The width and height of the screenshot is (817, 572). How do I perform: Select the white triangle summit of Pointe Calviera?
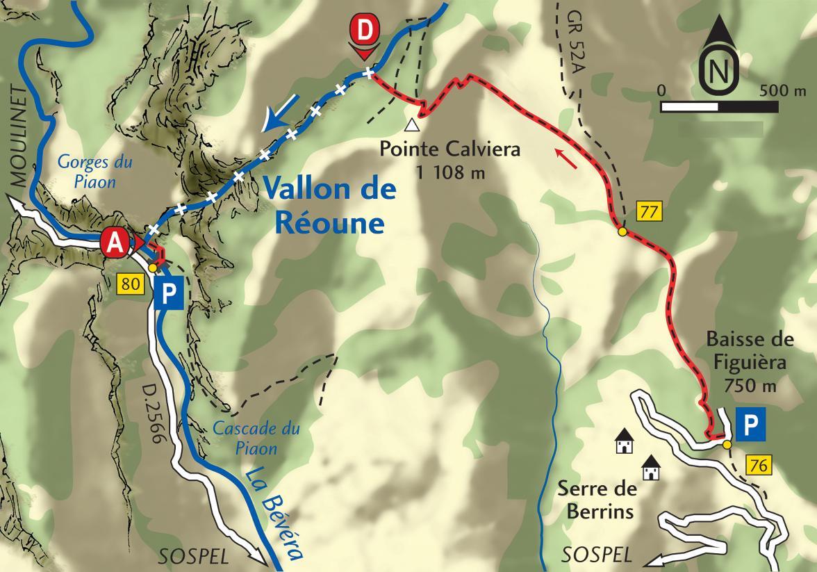pos(413,125)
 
